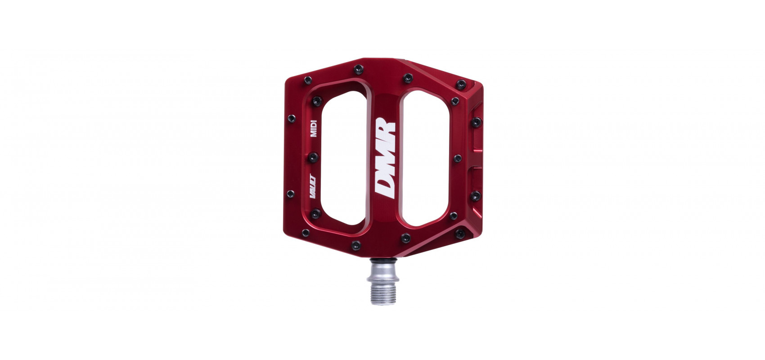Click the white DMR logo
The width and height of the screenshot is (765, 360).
[x=385, y=158]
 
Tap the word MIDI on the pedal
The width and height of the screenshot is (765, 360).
[x=314, y=128]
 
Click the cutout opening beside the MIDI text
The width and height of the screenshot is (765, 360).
[x=344, y=158]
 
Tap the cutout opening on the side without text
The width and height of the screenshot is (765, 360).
[x=426, y=158]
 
